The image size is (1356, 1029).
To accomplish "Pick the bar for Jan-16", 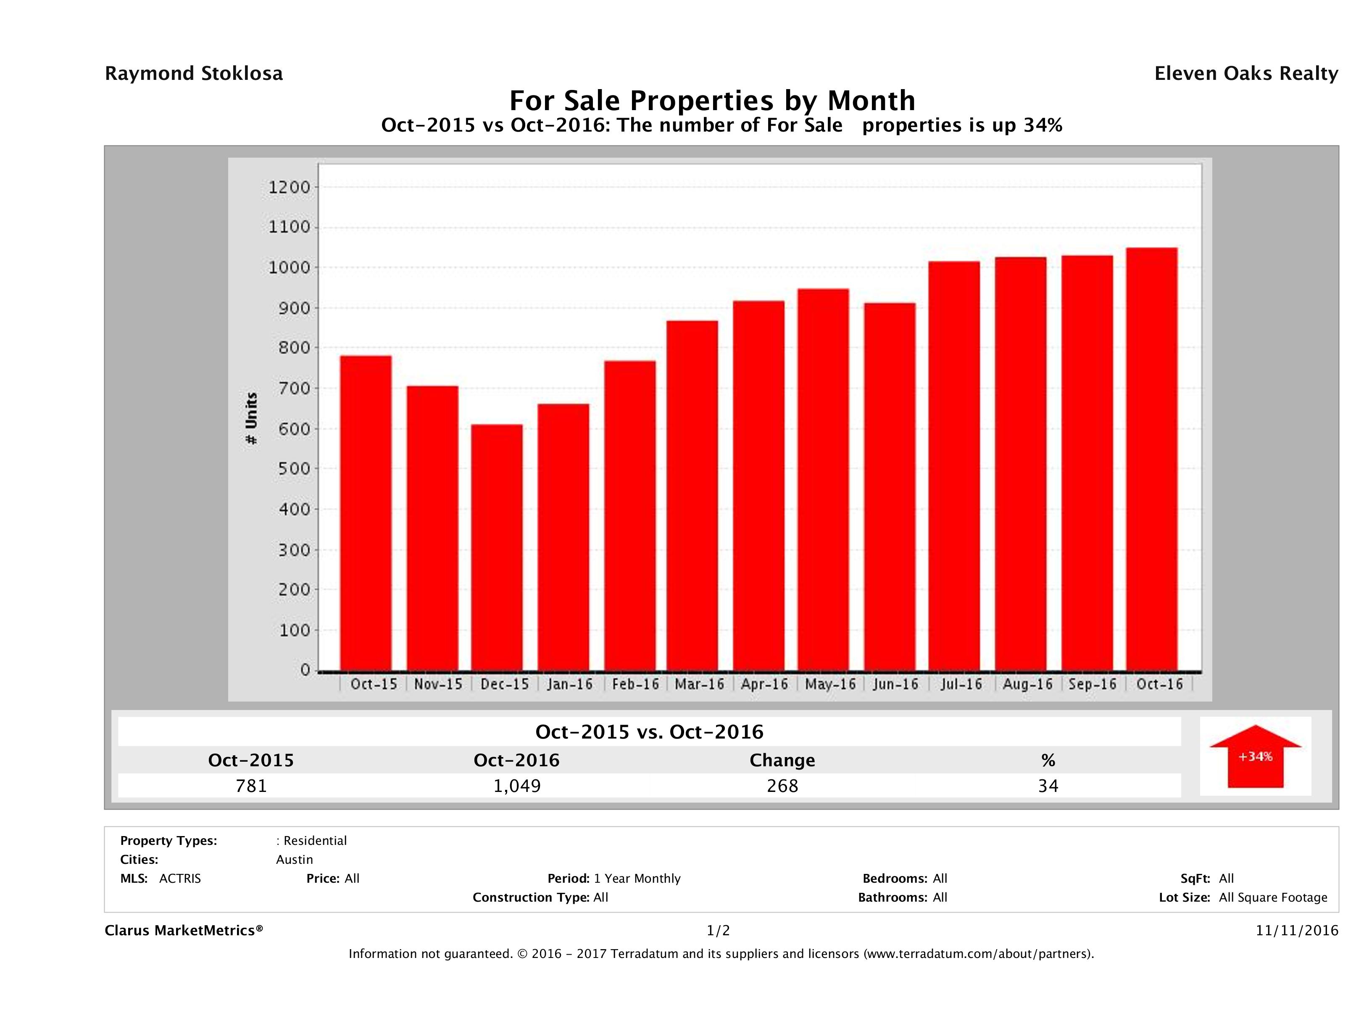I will coord(563,537).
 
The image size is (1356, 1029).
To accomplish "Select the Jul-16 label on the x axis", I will coord(961,684).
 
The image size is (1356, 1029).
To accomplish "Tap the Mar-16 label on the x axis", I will coord(700,684).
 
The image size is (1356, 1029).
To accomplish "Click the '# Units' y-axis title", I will coord(251,418).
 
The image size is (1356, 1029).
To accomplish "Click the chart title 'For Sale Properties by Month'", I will coord(712,100).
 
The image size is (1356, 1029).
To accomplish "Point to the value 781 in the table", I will coord(251,786).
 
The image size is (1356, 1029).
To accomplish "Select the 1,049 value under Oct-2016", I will coord(517,786).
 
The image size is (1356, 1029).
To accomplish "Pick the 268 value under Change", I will coord(782,786).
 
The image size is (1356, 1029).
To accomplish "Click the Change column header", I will coord(782,760).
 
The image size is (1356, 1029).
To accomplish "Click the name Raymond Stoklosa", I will coord(194,74).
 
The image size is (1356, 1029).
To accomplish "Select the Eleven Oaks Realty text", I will coord(1245,74).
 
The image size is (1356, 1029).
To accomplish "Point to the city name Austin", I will coord(294,860).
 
